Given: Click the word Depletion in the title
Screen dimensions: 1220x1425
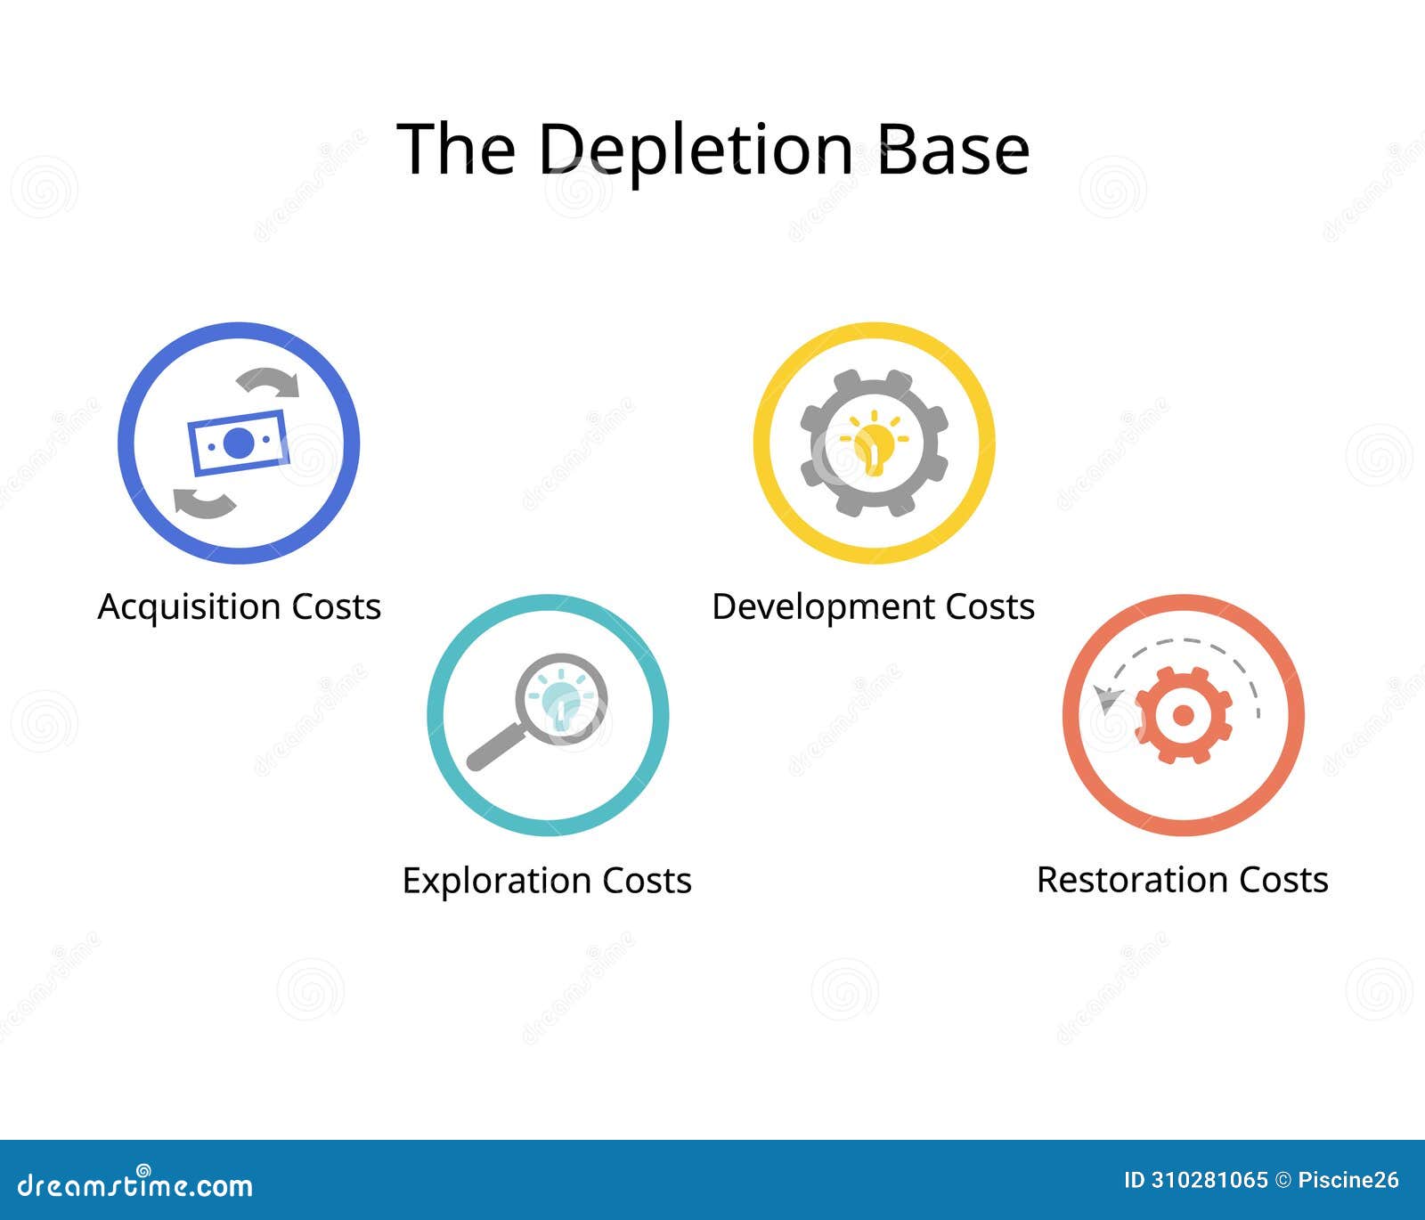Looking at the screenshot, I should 695,150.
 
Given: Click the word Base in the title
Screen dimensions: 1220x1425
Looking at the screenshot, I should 953,148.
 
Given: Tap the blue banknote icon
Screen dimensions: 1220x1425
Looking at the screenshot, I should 238,443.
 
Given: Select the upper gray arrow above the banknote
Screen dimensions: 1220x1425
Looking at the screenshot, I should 269,382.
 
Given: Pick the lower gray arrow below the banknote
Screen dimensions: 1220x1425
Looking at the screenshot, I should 205,503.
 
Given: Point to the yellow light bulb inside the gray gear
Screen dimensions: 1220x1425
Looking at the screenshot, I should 873,443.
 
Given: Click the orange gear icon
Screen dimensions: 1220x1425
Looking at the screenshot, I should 1184,715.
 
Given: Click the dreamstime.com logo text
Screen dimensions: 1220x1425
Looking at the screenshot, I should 135,1185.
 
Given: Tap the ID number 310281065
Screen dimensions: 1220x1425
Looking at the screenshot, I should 1209,1181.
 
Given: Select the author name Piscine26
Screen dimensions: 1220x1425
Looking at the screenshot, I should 1348,1181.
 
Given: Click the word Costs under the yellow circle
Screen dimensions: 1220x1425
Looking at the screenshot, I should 989,607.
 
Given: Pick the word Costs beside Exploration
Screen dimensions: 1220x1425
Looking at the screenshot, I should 647,881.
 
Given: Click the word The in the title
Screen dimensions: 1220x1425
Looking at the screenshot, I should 455,148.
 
